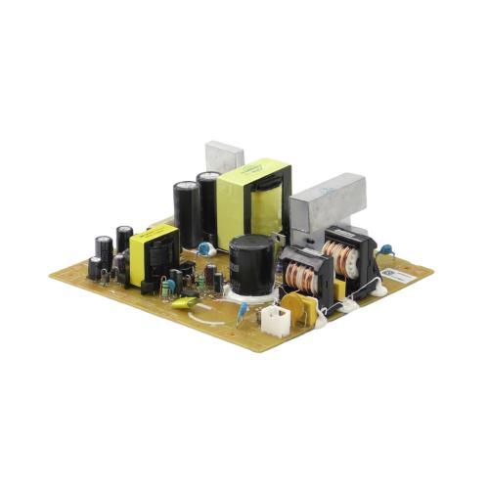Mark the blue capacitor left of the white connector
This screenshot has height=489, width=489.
coord(242,311)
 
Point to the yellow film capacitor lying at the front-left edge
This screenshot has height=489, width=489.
coord(182,302)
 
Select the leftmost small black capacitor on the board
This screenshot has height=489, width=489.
coord(94,266)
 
